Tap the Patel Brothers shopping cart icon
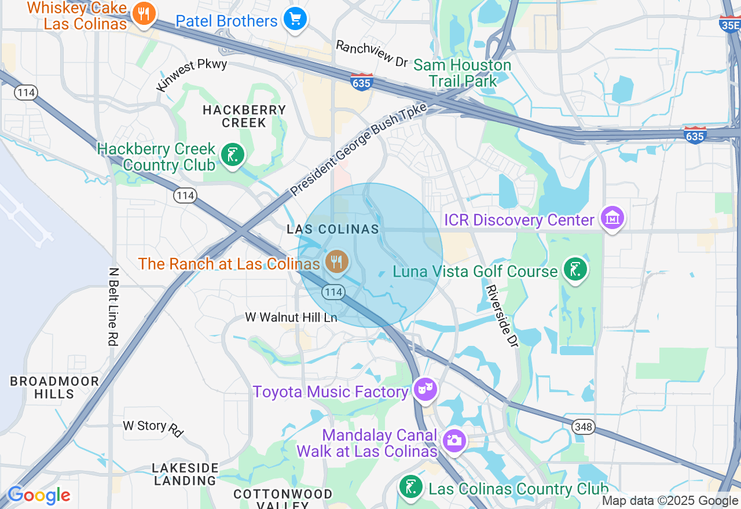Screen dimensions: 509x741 click(x=295, y=20)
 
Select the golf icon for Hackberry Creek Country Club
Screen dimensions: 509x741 click(x=232, y=155)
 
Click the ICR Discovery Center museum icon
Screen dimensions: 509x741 click(x=612, y=219)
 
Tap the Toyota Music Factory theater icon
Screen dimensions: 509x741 click(x=425, y=390)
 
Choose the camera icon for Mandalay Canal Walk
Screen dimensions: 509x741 click(x=454, y=441)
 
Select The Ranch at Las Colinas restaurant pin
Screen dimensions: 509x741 click(x=336, y=262)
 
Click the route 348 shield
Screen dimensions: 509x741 click(x=584, y=427)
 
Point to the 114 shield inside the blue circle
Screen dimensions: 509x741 click(x=333, y=292)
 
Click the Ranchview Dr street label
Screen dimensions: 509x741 click(x=372, y=54)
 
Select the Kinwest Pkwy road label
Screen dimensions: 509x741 click(x=192, y=74)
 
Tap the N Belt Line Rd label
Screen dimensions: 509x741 click(x=113, y=306)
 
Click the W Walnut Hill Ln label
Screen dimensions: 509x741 click(x=291, y=317)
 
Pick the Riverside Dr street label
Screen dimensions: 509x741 click(x=501, y=316)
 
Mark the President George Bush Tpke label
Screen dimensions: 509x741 click(x=358, y=149)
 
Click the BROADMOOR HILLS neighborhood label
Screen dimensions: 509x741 click(x=54, y=388)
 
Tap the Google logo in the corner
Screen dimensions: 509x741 click(x=39, y=495)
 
